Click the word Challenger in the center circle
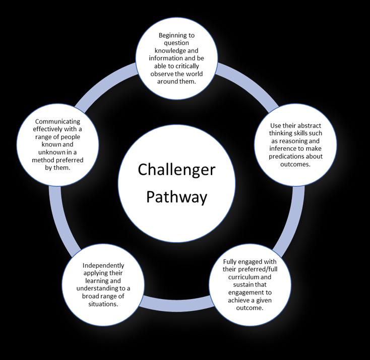[x=176, y=169]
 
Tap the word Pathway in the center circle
[x=176, y=196]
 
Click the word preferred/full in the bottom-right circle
[x=259, y=270]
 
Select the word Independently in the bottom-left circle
[x=103, y=265]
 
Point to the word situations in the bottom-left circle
[x=103, y=304]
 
